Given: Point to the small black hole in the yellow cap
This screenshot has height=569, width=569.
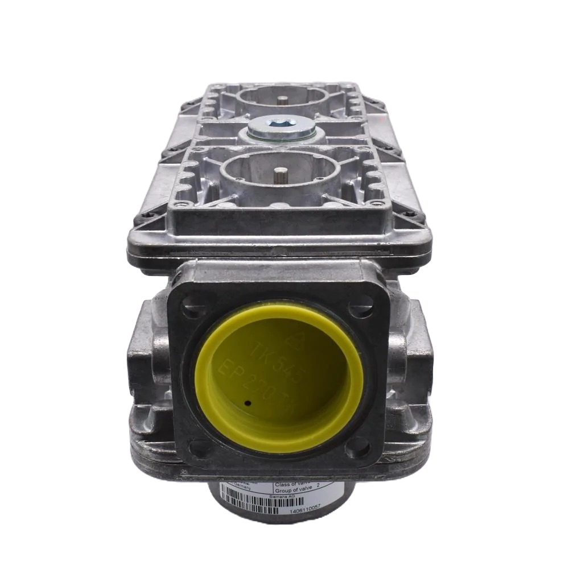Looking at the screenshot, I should (249, 403).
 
